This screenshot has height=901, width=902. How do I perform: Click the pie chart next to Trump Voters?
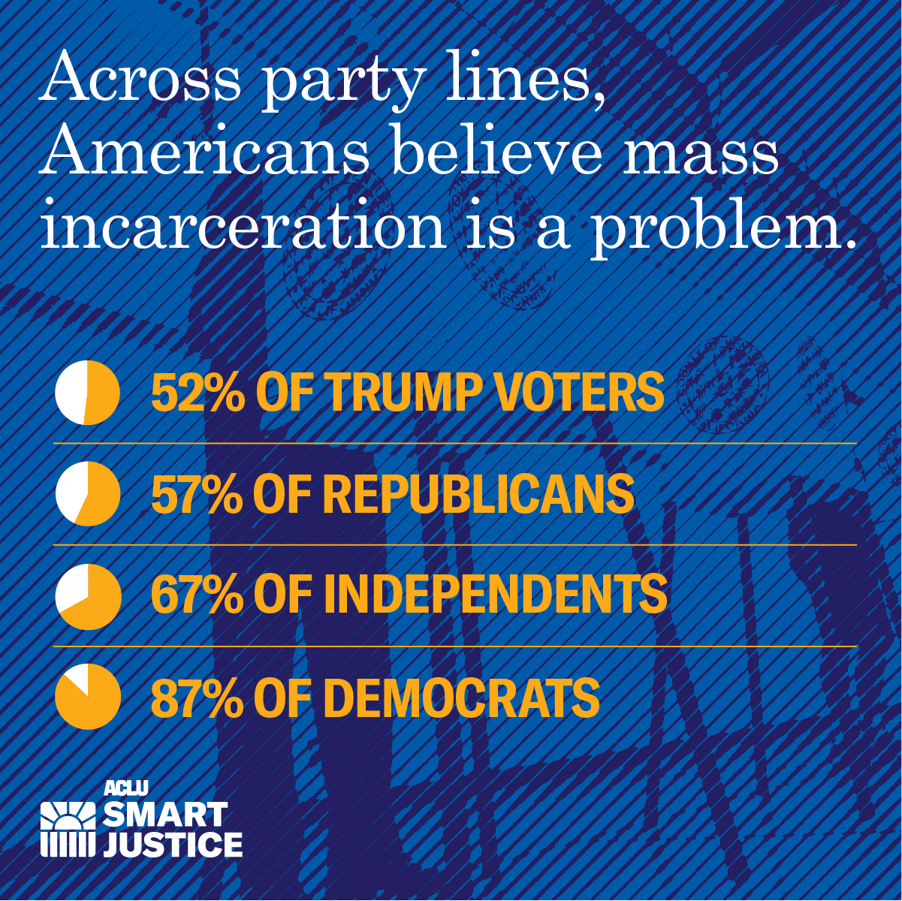tap(88, 393)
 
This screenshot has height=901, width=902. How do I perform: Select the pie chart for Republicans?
tap(88, 493)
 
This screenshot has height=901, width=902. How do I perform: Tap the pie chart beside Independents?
tap(88, 596)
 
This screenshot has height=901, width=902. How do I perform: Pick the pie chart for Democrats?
tap(88, 697)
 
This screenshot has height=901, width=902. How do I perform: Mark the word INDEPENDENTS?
tap(495, 595)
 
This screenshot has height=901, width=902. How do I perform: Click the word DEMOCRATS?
tap(461, 698)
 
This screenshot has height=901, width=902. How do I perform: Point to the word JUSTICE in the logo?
tap(173, 844)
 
